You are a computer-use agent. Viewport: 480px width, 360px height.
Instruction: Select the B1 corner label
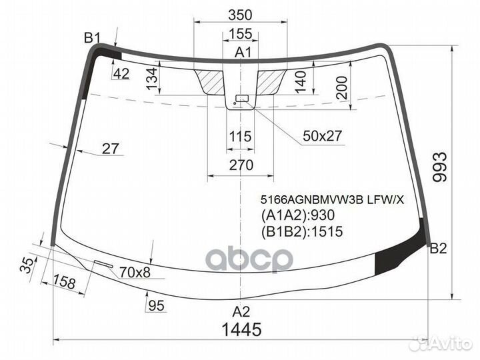(92, 37)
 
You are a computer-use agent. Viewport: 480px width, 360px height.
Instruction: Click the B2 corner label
(438, 249)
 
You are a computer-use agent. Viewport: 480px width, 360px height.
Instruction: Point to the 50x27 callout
(322, 136)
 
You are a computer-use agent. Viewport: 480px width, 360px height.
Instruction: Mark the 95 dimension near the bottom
(156, 305)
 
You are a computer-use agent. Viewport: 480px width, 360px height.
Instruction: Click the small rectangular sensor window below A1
(241, 99)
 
